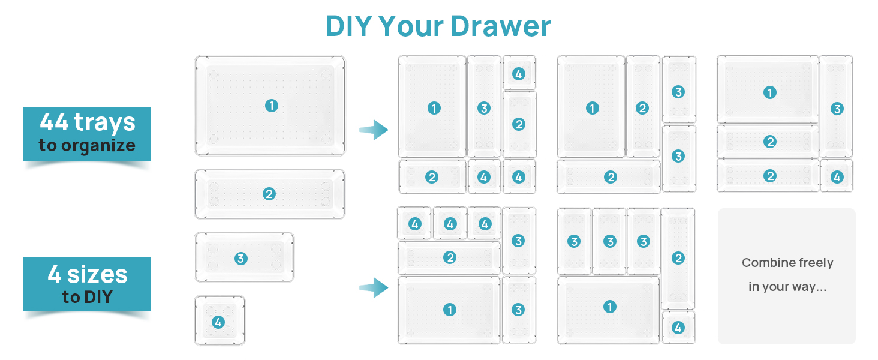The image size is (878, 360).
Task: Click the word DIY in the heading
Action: click(x=348, y=27)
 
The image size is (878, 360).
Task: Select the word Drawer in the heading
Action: click(x=501, y=27)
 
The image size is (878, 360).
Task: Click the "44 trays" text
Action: click(x=87, y=122)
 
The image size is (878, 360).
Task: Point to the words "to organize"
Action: click(x=87, y=145)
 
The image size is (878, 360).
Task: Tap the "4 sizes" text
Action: click(x=87, y=274)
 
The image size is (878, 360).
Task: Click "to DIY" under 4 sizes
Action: click(x=87, y=296)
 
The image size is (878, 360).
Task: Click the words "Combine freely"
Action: click(x=787, y=263)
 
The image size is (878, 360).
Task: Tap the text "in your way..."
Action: click(x=787, y=287)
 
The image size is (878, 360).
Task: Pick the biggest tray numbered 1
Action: click(x=270, y=106)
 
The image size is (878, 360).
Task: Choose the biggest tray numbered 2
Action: click(x=269, y=194)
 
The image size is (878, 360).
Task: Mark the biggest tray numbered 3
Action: click(x=244, y=259)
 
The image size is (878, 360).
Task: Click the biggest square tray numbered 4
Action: click(x=220, y=322)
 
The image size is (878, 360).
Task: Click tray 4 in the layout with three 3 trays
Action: click(x=678, y=328)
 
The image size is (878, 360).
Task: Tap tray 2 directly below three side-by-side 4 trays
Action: click(x=449, y=258)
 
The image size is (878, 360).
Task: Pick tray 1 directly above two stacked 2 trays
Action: click(x=768, y=92)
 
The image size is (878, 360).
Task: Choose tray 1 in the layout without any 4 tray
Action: click(x=591, y=108)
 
